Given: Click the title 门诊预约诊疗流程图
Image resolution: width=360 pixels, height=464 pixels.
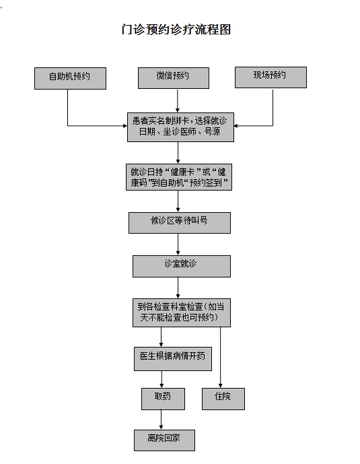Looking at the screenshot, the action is [x=176, y=30].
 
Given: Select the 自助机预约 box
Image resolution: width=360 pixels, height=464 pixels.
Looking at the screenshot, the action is [x=71, y=78].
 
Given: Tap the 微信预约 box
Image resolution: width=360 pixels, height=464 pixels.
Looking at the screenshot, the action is [x=174, y=78].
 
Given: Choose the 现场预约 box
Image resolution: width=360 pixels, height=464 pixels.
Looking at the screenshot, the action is [x=271, y=77].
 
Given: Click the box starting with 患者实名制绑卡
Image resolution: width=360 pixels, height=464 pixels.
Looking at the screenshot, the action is [x=180, y=127].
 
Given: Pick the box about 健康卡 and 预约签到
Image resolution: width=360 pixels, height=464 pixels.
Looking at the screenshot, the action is [x=179, y=177].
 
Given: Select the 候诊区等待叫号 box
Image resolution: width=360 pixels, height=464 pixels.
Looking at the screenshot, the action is [x=180, y=223].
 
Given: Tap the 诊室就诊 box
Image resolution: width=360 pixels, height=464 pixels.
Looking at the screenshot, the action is [x=182, y=266].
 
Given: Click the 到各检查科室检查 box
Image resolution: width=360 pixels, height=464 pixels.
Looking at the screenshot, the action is [x=182, y=312].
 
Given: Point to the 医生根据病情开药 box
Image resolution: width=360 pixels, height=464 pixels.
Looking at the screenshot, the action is [x=173, y=359].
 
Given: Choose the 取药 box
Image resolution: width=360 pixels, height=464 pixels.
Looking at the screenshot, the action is [x=163, y=399].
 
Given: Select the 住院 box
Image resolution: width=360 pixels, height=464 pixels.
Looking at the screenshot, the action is [x=223, y=399].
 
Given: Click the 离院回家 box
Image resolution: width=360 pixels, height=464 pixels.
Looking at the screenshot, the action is [x=164, y=440].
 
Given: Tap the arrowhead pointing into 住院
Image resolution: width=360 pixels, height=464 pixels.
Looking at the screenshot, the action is [x=220, y=386].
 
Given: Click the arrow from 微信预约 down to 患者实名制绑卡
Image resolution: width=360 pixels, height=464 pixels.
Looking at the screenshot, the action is [x=178, y=100].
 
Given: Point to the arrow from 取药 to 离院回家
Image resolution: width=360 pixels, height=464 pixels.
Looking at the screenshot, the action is [x=161, y=420].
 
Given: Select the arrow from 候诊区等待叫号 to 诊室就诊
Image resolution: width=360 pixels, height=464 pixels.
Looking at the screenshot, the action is [x=178, y=244].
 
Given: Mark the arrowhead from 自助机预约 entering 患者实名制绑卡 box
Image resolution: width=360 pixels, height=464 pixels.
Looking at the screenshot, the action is [x=125, y=126].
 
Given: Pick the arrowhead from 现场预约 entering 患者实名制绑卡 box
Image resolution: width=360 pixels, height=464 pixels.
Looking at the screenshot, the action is [x=236, y=126].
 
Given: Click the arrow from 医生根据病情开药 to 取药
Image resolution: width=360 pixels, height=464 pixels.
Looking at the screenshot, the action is [x=161, y=379].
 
